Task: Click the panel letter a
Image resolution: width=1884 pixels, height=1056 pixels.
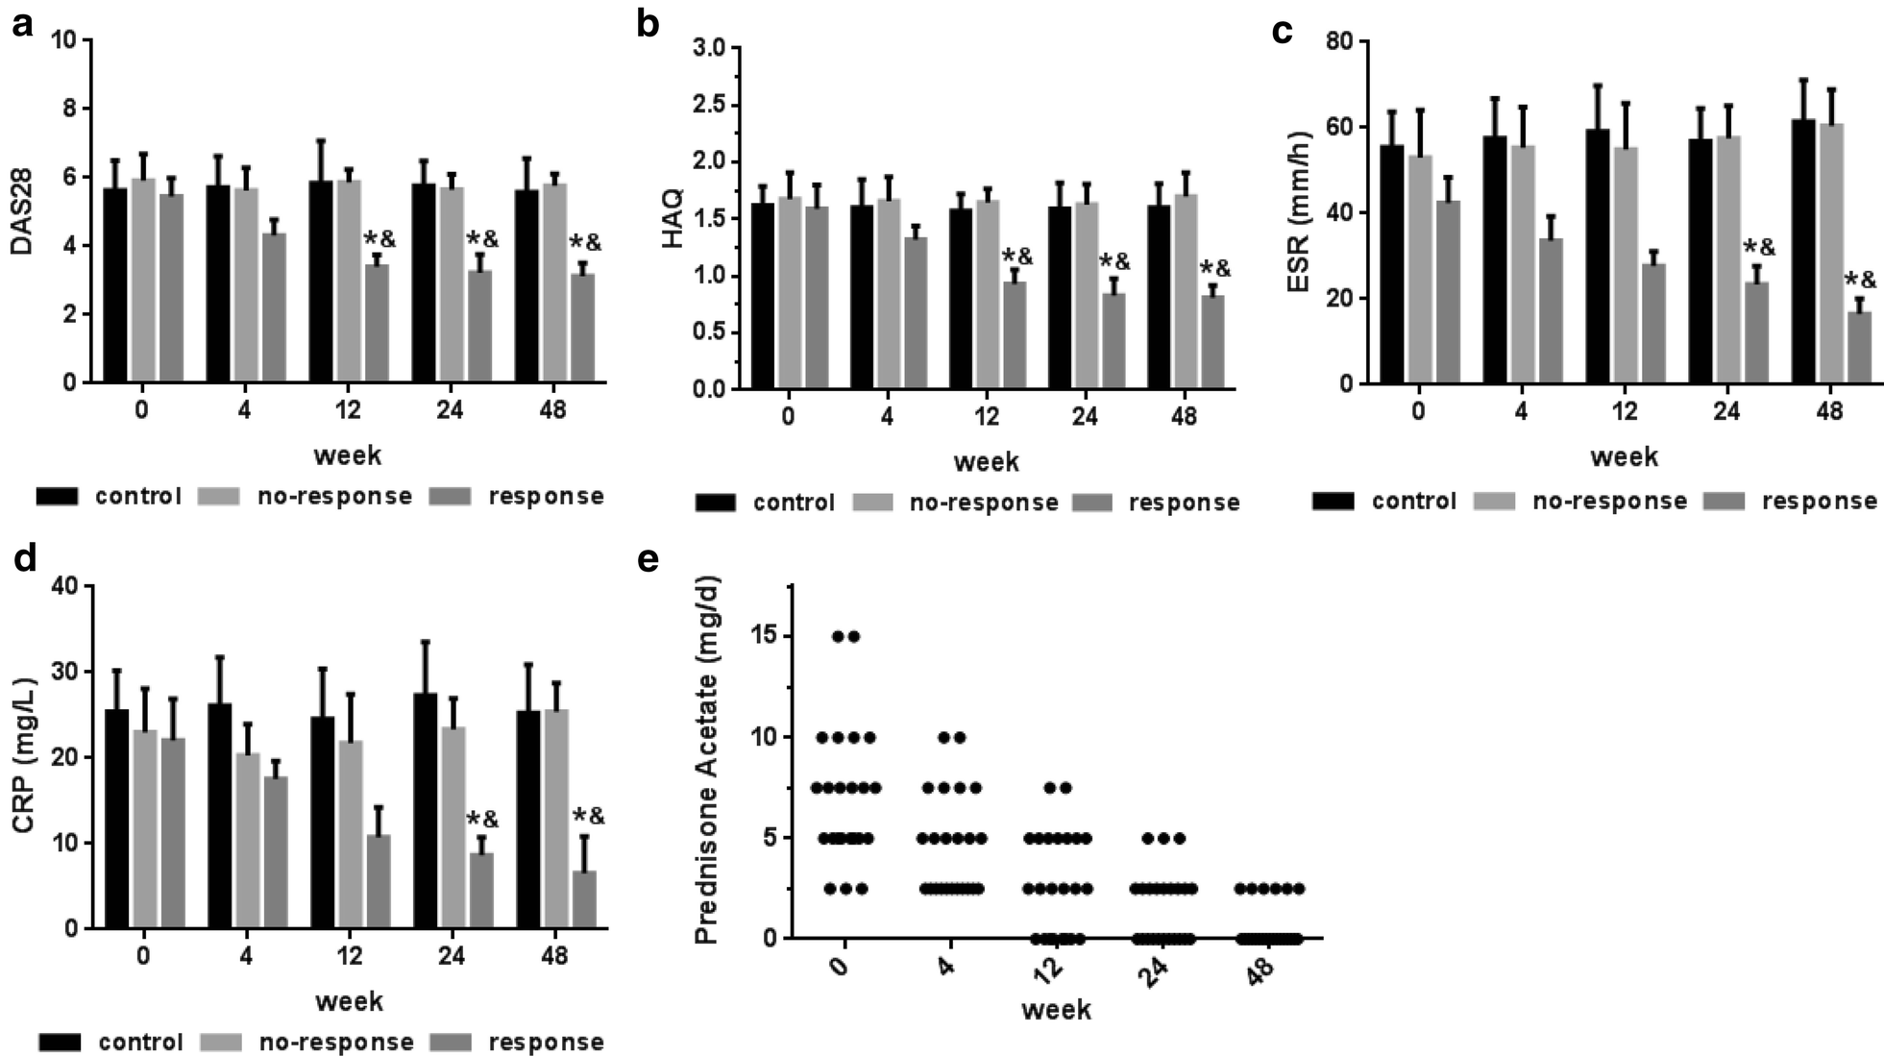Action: (x=21, y=25)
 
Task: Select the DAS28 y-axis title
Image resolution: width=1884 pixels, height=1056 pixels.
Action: (x=21, y=211)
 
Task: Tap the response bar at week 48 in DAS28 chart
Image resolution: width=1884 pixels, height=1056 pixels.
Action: (x=582, y=329)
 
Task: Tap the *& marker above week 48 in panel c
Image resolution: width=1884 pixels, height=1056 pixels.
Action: (x=1860, y=281)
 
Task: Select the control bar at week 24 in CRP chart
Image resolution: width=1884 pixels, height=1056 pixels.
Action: (x=425, y=811)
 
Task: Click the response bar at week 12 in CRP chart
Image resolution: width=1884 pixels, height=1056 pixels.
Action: (x=378, y=881)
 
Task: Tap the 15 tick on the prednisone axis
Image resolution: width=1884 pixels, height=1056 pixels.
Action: (x=766, y=636)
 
